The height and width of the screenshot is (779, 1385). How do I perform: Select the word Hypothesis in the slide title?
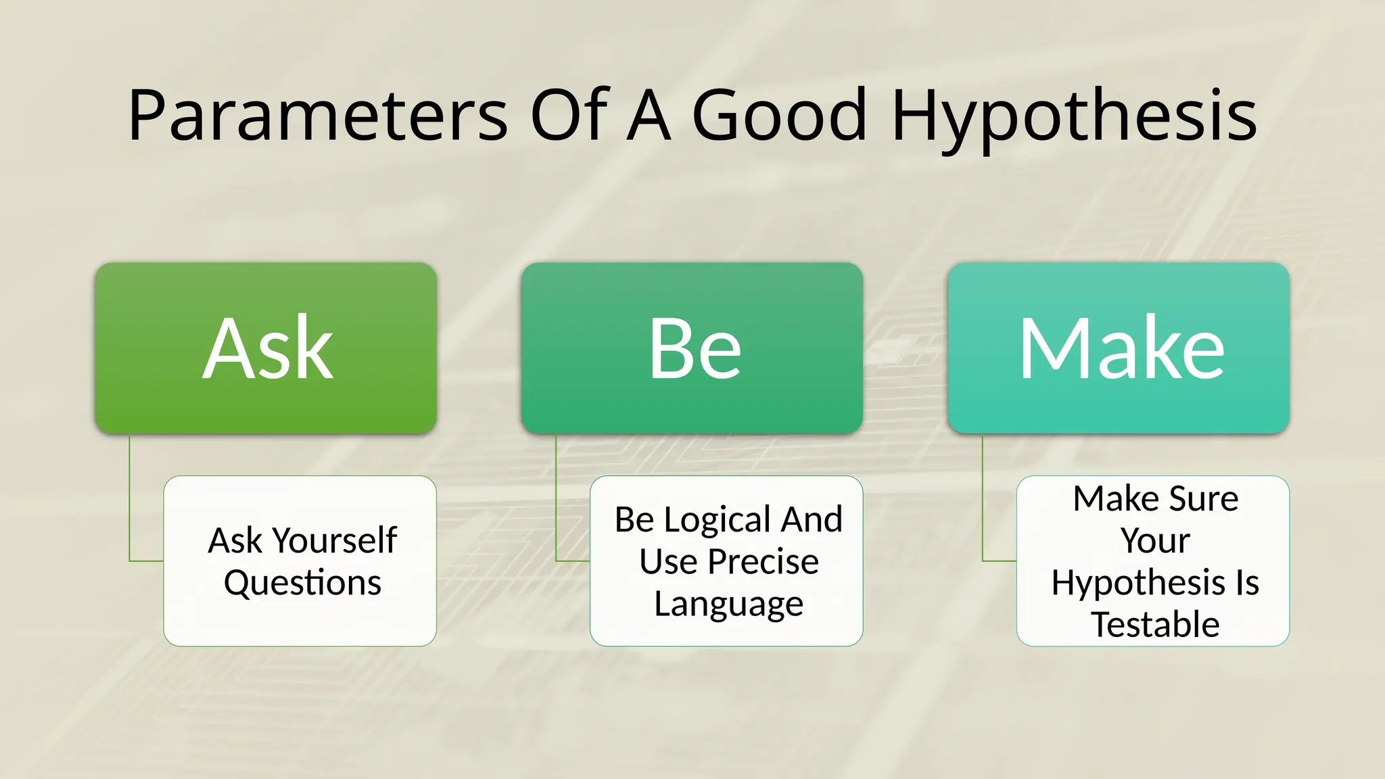click(x=1074, y=116)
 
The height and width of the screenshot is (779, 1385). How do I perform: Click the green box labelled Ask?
click(x=266, y=348)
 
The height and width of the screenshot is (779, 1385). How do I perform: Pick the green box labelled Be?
click(x=692, y=348)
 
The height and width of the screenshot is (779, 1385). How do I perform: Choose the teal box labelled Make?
click(x=1119, y=348)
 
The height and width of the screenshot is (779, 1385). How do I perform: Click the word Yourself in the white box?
click(x=335, y=540)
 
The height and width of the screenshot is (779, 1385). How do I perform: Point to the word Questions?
click(x=302, y=582)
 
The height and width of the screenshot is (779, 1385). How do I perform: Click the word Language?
click(x=728, y=604)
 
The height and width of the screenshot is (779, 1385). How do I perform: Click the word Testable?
click(x=1155, y=624)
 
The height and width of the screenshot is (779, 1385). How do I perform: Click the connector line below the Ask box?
click(x=130, y=500)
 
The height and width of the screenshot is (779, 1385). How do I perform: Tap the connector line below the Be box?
click(x=556, y=500)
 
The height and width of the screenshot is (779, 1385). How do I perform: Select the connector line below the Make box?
click(x=983, y=500)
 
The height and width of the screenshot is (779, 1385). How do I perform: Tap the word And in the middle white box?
click(x=812, y=520)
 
